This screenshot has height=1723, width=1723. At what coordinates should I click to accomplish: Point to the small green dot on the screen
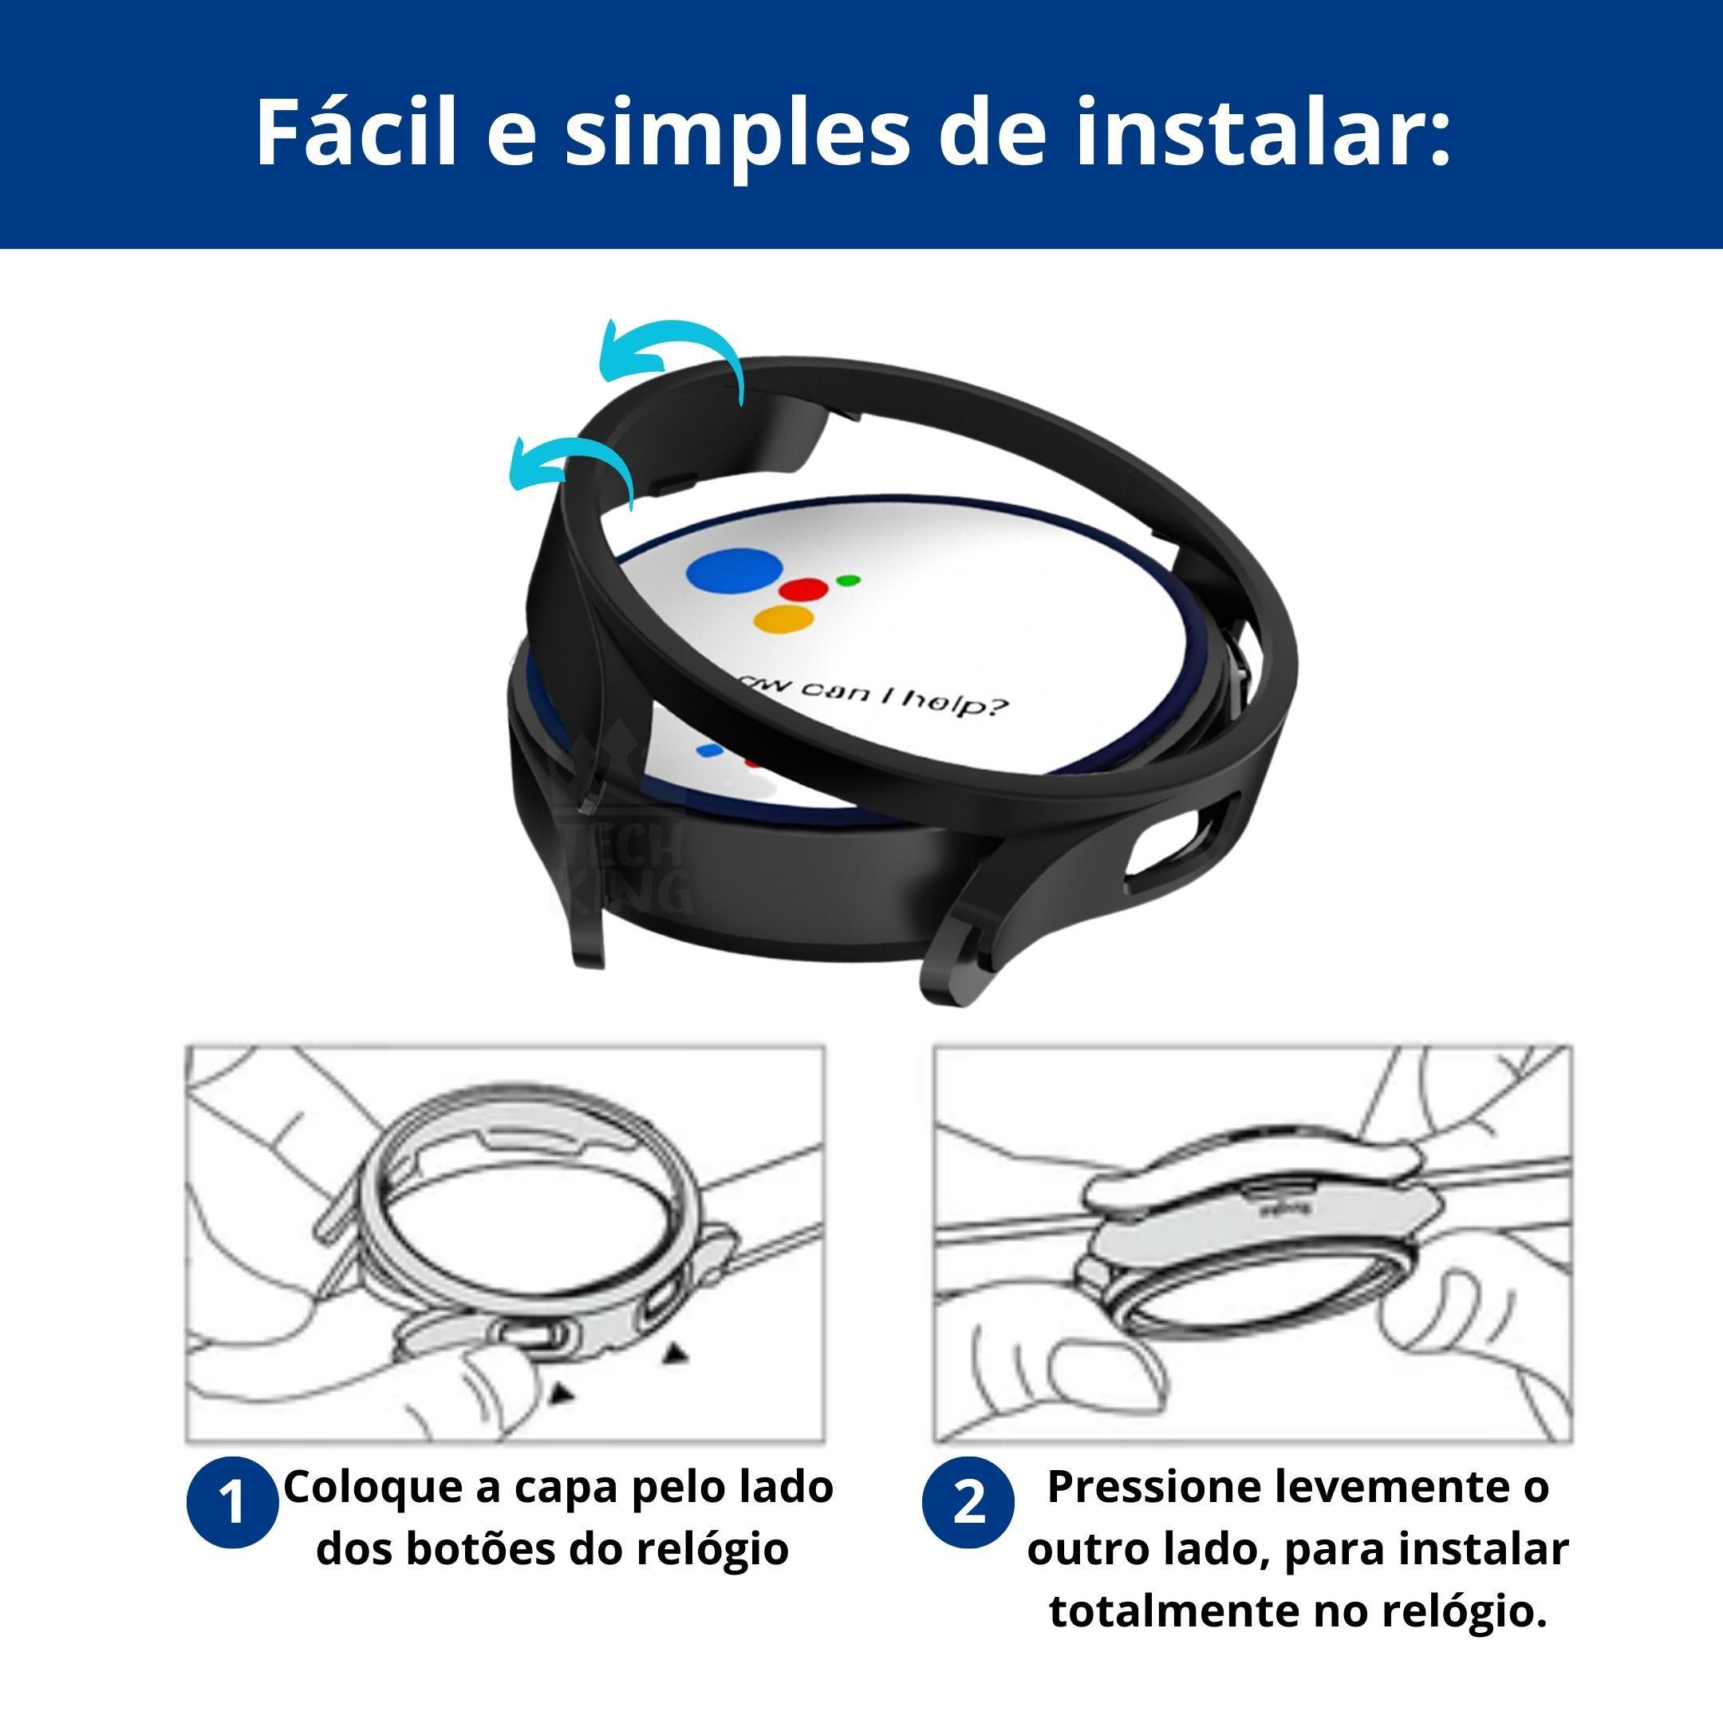849,581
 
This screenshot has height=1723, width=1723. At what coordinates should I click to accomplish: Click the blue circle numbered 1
232,1503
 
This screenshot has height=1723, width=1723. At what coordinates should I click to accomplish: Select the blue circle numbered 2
968,1503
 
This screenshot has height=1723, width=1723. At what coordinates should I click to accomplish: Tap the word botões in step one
482,1548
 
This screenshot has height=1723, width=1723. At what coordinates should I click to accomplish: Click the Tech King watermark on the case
625,869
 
